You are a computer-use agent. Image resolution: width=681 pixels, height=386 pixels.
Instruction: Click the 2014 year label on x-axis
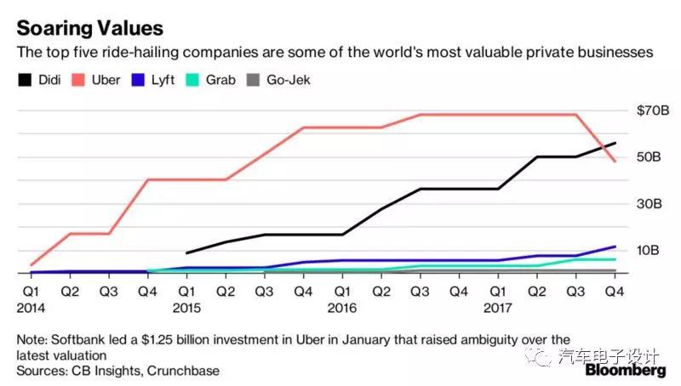(31, 307)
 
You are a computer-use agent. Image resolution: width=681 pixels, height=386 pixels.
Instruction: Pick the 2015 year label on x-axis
(186, 307)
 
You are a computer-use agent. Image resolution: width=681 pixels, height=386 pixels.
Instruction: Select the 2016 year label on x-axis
(342, 307)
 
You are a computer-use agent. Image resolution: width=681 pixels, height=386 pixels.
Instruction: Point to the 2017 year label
(498, 307)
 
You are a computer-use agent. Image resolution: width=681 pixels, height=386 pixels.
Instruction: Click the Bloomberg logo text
(625, 372)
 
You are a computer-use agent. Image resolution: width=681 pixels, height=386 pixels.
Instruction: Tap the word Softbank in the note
(81, 338)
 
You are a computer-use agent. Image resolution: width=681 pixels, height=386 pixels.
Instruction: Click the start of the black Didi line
(186, 253)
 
